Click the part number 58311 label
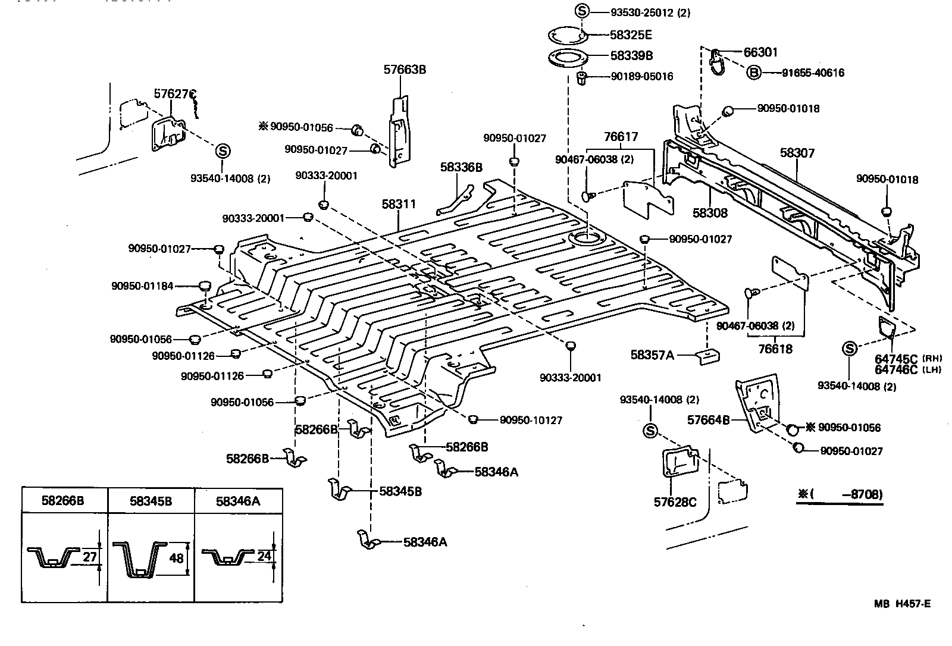pyautogui.click(x=399, y=205)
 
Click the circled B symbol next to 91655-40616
pyautogui.click(x=754, y=73)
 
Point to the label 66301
pyautogui.click(x=760, y=52)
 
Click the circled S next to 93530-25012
pyautogui.click(x=582, y=11)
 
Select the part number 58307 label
pyautogui.click(x=797, y=153)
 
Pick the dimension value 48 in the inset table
pyautogui.click(x=177, y=559)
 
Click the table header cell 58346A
pyautogui.click(x=238, y=501)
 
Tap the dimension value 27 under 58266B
pyautogui.click(x=89, y=557)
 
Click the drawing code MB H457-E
pyautogui.click(x=902, y=604)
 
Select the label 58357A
pyautogui.click(x=652, y=355)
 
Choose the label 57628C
pyautogui.click(x=675, y=502)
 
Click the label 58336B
pyautogui.click(x=461, y=167)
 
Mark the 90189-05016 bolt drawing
pyautogui.click(x=583, y=77)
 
